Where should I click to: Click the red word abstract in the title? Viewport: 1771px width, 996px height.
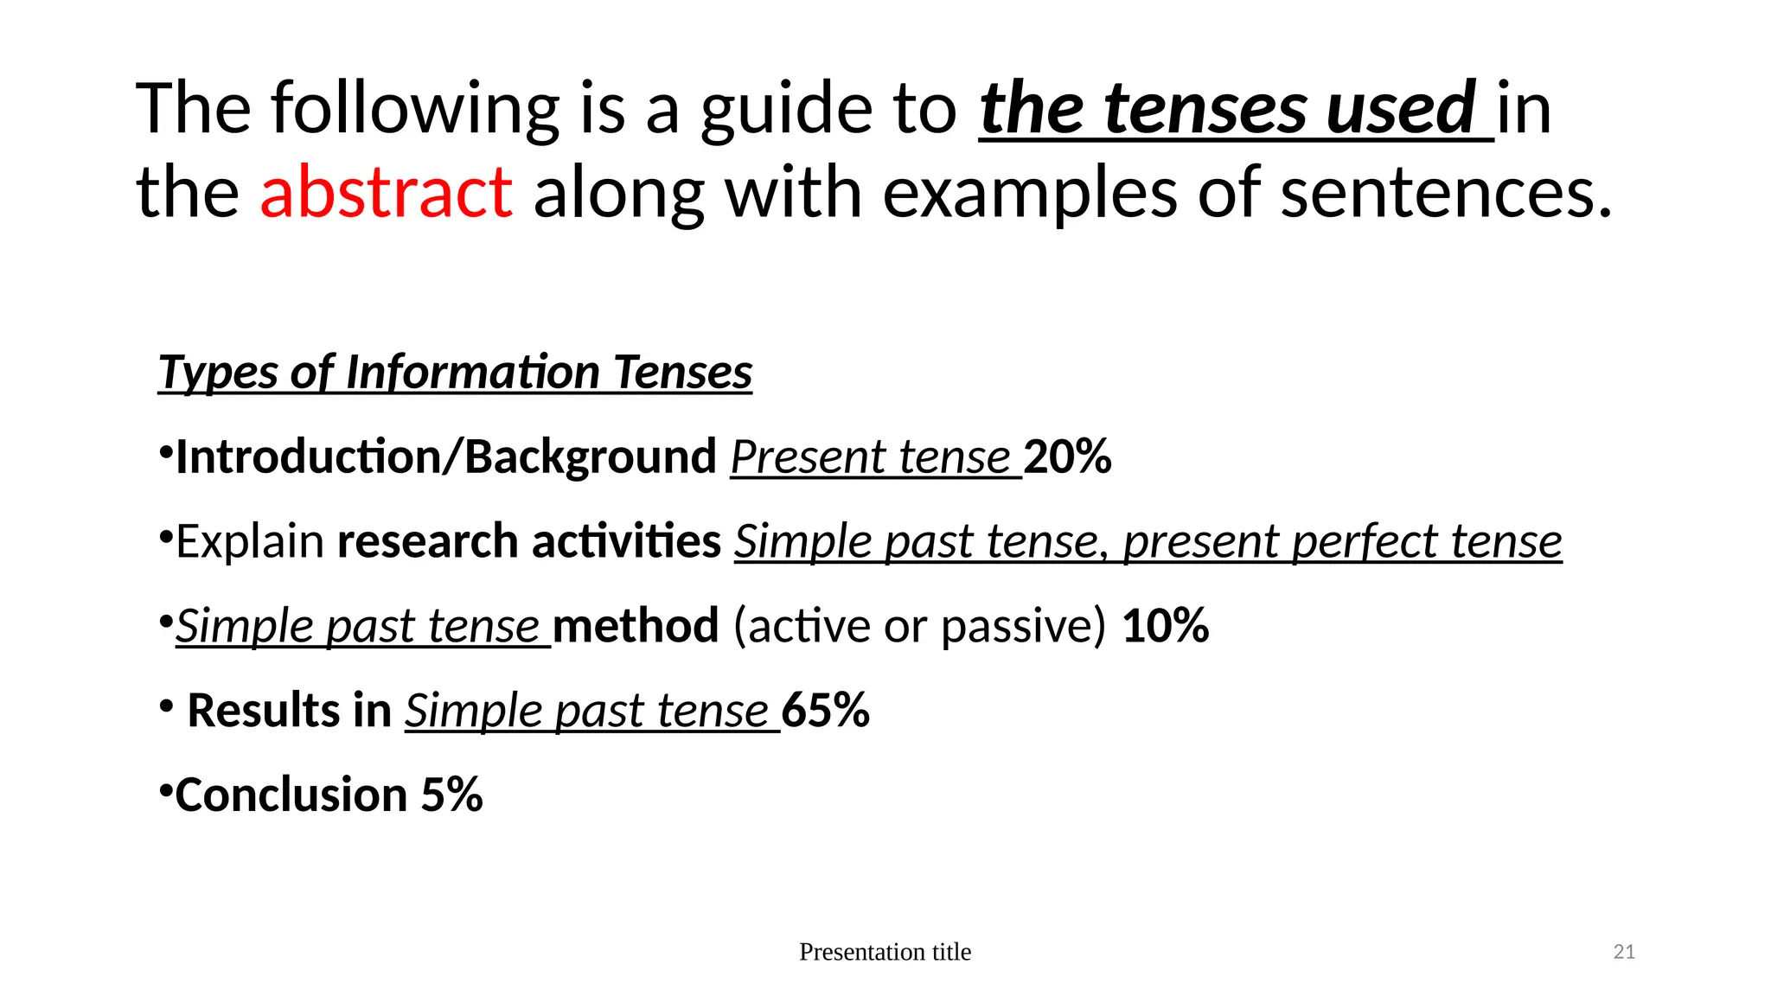point(386,192)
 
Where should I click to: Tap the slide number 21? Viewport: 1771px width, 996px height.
point(1624,952)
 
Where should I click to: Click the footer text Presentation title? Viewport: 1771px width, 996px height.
point(885,952)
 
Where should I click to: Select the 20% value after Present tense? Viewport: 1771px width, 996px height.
point(1067,456)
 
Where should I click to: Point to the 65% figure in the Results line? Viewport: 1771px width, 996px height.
point(826,711)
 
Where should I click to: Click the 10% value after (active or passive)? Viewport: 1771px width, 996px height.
point(1165,626)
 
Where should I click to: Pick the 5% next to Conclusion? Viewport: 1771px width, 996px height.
point(451,795)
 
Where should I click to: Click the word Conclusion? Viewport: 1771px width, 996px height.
point(291,795)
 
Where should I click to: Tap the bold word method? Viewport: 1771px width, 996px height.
point(636,626)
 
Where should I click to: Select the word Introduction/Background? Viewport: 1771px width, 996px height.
point(445,456)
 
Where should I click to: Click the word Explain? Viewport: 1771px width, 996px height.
point(250,542)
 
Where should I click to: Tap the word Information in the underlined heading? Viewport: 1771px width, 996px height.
point(472,373)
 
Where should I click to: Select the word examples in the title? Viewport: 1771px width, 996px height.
point(1029,192)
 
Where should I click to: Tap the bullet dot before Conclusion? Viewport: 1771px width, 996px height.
point(165,788)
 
